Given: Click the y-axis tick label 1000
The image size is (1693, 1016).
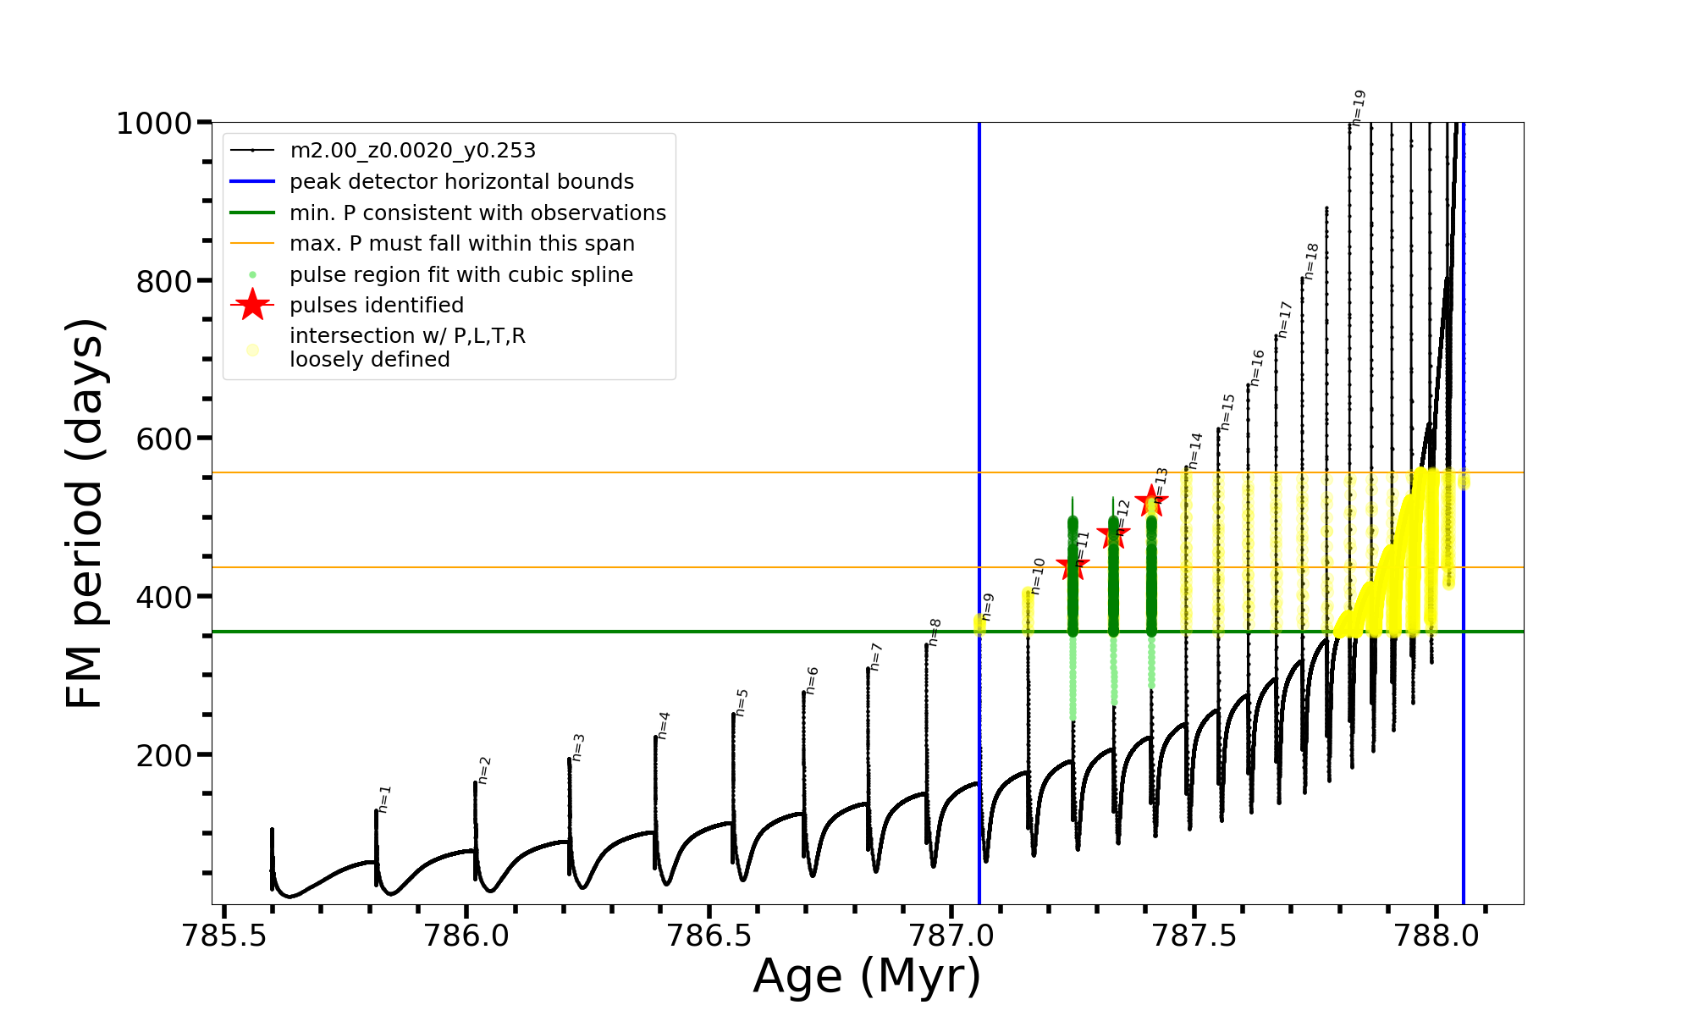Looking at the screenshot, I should [154, 124].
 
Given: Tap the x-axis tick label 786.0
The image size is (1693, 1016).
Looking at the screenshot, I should [466, 936].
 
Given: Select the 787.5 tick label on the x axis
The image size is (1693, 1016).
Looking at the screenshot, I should [1194, 936].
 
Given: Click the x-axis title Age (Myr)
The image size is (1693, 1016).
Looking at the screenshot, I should [867, 976].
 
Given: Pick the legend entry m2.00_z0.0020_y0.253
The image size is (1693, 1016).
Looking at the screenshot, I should [412, 151].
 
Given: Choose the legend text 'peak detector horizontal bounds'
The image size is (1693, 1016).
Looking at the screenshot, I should [461, 182].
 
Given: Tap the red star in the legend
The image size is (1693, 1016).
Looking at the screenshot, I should [252, 305].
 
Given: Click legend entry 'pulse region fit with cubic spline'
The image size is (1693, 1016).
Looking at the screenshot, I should [460, 275].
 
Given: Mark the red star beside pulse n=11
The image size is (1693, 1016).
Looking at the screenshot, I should [1073, 566].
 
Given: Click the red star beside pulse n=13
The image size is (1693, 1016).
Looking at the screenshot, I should [1151, 501].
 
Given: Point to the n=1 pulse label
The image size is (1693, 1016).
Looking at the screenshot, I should [384, 798].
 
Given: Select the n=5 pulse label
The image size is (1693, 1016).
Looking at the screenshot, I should [742, 702].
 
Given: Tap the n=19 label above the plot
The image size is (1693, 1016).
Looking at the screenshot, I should [1358, 108].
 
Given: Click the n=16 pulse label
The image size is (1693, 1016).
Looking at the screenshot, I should [1257, 367].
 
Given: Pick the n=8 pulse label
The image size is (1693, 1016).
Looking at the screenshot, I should [934, 632].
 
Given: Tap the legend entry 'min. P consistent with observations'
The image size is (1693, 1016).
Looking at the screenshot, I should [477, 213].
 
